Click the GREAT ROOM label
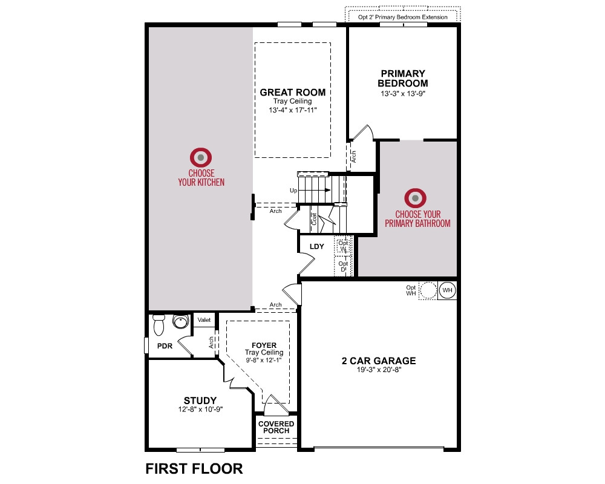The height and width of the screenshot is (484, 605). coord(292,92)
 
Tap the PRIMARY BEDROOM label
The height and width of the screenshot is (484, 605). coord(402,79)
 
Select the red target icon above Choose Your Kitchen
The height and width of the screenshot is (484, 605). coord(201,157)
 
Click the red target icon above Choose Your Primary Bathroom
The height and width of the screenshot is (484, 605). coord(415,198)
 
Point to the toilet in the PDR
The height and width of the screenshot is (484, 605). coord(159,325)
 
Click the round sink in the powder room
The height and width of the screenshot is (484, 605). coord(180,321)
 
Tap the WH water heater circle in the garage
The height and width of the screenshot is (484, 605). coord(447,290)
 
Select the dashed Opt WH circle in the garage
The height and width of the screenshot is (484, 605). coord(428,290)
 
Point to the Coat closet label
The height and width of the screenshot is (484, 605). coord(314,219)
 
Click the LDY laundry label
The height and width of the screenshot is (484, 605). coord(317,246)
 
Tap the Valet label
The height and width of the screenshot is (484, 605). coord(204,319)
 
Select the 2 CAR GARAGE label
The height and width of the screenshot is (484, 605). coord(379,361)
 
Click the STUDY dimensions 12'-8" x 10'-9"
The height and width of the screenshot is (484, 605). coord(201,409)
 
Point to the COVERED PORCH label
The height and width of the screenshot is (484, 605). coord(276,427)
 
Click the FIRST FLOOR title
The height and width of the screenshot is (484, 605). coord(194,468)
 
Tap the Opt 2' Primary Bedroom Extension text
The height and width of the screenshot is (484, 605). coord(403,17)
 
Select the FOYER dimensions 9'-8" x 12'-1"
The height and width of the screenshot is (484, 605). coord(264,360)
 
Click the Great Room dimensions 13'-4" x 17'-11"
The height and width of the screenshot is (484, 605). coord(292,110)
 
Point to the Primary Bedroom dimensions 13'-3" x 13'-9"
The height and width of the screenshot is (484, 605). coord(403,93)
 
